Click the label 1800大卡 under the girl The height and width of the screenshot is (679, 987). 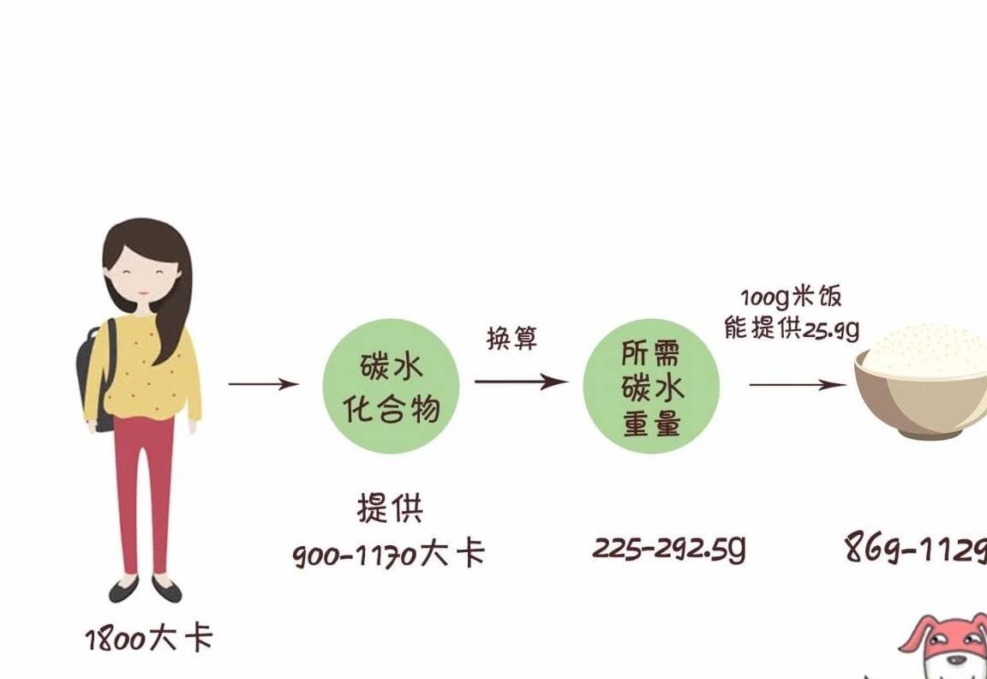pos(149,639)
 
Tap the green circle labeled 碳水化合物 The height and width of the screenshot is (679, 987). pos(391,386)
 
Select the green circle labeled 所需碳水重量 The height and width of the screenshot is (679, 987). pos(651,386)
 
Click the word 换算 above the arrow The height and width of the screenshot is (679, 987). pos(512,339)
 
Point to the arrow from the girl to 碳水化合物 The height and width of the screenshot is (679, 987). pos(263,383)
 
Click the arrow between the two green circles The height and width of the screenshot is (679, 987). pos(522,381)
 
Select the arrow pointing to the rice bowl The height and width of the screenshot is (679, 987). pos(799,384)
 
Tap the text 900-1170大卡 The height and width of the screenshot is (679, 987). pos(389,555)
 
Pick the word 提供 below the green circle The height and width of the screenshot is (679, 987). pos(391,508)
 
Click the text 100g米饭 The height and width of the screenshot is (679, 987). pos(792,297)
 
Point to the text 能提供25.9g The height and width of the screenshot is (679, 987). pos(792,328)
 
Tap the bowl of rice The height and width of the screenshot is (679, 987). pos(920,381)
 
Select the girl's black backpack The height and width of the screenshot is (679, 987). pos(96,374)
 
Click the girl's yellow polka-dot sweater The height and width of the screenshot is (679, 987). pos(144,369)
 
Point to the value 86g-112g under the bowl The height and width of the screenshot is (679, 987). pos(916,547)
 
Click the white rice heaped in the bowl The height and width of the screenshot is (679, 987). pos(924,350)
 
